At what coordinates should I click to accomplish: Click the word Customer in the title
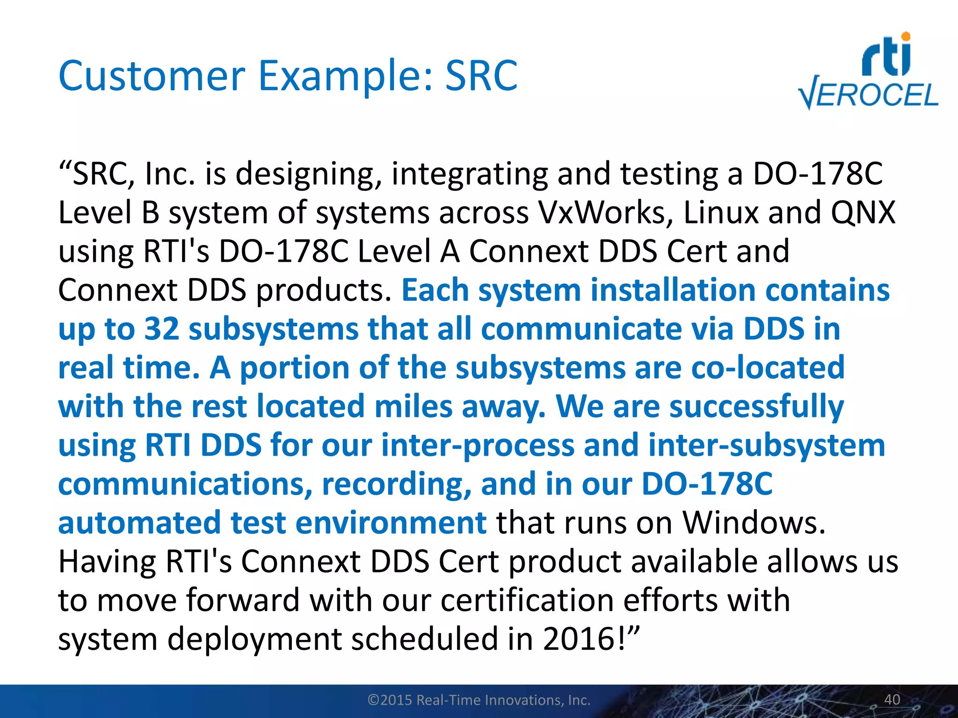pos(152,76)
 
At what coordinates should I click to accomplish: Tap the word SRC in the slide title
pos(481,76)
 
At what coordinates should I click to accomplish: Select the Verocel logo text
pos(869,95)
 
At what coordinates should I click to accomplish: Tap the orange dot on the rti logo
pos(906,36)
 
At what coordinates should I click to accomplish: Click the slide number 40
pos(892,699)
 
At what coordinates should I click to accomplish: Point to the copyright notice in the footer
pos(479,700)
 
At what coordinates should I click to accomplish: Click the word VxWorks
pos(605,213)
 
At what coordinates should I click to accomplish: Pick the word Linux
pos(720,213)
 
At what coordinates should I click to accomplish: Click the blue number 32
pos(161,329)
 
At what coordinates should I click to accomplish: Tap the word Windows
pos(753,522)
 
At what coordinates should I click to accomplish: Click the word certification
pos(527,600)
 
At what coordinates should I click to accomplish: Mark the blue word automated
pos(139,522)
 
